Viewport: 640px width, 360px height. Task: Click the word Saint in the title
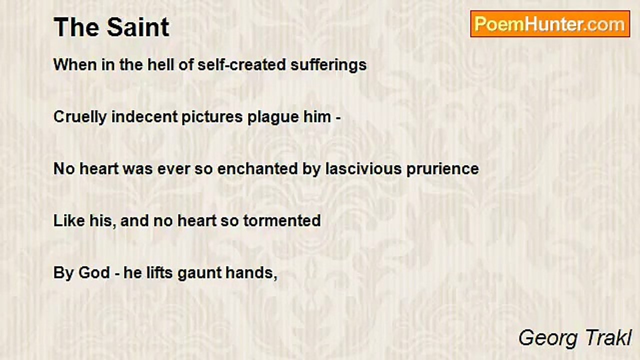(138, 27)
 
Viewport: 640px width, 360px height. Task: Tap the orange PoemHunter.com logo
(550, 24)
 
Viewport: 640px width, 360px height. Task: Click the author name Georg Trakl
(575, 338)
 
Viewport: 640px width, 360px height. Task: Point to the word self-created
(241, 64)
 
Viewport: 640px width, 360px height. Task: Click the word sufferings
(328, 65)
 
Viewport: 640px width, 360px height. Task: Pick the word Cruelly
(80, 117)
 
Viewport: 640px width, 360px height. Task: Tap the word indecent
(144, 117)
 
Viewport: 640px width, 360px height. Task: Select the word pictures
(212, 117)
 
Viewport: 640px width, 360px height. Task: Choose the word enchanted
(257, 169)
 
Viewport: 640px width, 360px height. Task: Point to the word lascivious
(363, 169)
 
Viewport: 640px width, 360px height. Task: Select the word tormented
(282, 221)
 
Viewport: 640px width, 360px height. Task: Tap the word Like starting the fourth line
(69, 221)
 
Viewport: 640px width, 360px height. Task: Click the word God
(94, 273)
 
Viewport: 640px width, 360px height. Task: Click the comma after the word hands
(275, 277)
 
